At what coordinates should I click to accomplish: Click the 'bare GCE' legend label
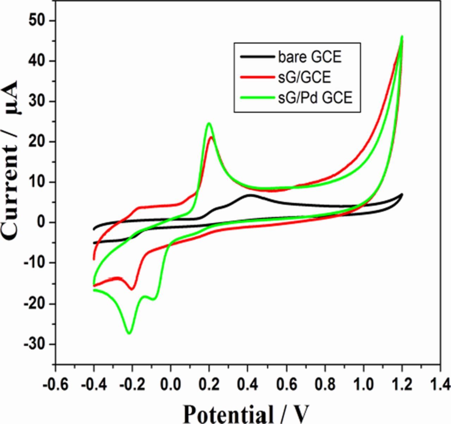pos(310,57)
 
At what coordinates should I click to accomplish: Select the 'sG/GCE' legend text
pos(304,77)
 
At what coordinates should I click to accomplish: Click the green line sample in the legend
pos(256,98)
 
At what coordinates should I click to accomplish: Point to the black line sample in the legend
pos(256,57)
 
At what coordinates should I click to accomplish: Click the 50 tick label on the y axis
pos(38,21)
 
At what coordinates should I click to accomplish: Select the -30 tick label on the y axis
pos(36,344)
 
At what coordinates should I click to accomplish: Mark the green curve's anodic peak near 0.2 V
pos(209,123)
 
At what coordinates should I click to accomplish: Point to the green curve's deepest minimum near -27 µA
pos(129,333)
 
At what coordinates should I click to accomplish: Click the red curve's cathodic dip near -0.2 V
pos(132,289)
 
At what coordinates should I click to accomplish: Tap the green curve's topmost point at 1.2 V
pos(402,36)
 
